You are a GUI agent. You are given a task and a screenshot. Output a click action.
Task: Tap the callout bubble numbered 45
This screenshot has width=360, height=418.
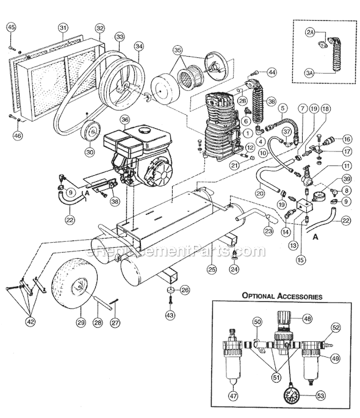(x=11, y=26)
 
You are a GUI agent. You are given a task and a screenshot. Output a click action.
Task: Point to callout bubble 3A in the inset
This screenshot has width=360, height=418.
(x=310, y=71)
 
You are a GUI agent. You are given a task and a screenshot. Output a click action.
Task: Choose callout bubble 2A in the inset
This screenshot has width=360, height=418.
(x=310, y=32)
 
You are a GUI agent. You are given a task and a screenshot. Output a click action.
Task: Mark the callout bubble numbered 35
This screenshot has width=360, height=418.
(x=178, y=50)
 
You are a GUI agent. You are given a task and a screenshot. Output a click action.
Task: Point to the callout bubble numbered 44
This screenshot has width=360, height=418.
(x=272, y=72)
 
